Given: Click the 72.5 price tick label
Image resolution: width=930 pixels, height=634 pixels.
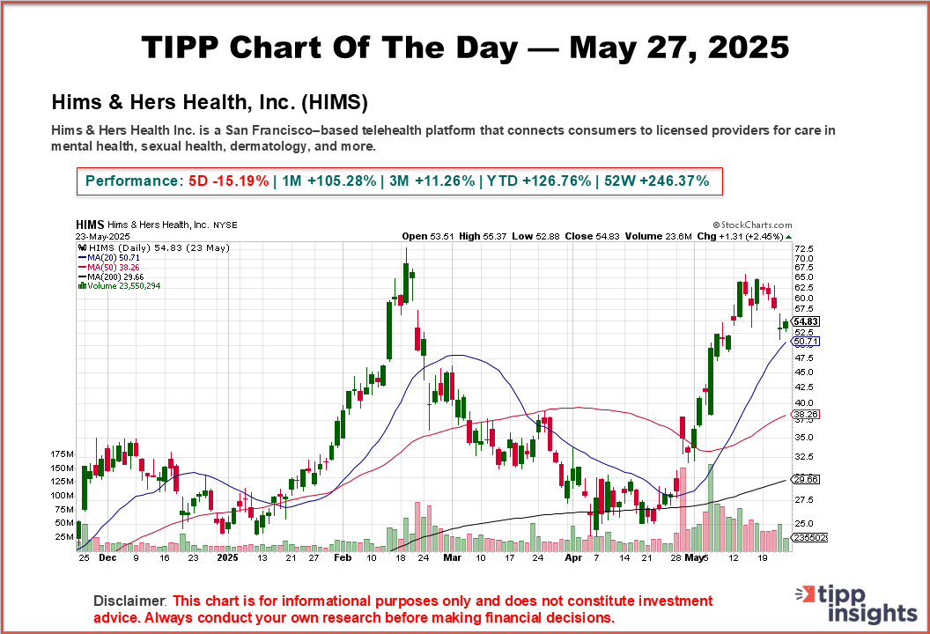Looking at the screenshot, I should point(803,250).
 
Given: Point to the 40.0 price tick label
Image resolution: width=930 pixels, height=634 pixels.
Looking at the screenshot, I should point(803,403).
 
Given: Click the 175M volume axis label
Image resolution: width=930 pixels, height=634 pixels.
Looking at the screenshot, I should point(63,453).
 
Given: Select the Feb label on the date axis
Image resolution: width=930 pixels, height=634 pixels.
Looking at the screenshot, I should point(343,557).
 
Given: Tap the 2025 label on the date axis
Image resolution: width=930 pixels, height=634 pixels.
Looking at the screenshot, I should point(227,557).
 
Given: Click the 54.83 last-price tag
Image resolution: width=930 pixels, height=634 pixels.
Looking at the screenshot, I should point(807,321).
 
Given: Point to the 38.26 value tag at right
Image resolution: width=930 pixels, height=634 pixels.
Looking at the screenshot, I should point(807,413).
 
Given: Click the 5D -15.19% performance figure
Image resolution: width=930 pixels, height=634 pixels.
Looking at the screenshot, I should point(229,181).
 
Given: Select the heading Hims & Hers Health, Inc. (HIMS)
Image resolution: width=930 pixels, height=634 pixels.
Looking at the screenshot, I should point(210,102).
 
